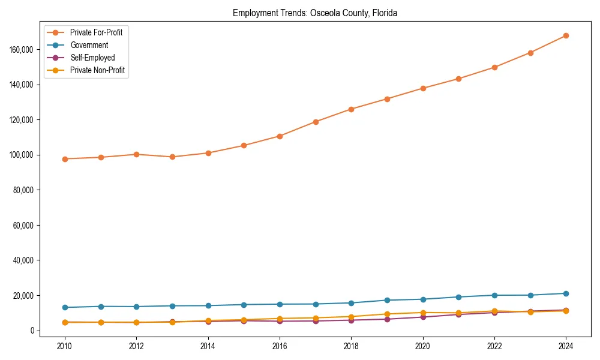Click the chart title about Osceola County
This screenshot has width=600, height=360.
[x=315, y=13]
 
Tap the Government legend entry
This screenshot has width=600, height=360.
[x=89, y=45]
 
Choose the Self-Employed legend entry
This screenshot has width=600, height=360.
[x=92, y=58]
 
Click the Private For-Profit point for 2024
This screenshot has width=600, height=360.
[x=566, y=35]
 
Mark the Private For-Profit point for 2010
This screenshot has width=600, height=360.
[x=65, y=159]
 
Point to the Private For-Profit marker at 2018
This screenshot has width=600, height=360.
[x=351, y=109]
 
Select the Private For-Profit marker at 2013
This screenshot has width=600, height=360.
[x=172, y=157]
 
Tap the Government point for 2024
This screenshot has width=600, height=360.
[x=566, y=293]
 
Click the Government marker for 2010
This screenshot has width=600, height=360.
[x=65, y=307]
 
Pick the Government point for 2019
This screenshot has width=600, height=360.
[x=387, y=300]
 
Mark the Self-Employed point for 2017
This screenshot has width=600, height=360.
[x=316, y=321]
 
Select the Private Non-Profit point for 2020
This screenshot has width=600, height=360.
[x=422, y=313]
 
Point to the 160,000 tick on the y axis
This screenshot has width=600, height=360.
[x=22, y=49]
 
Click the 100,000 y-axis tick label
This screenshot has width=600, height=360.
[x=22, y=155]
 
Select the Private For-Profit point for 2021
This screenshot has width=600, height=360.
[x=458, y=79]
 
